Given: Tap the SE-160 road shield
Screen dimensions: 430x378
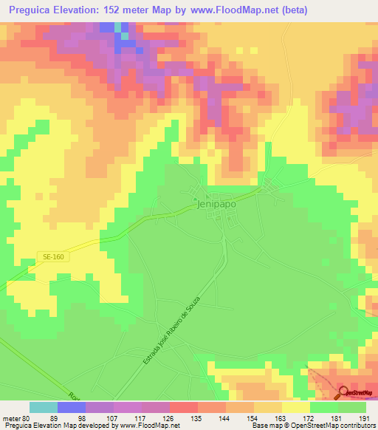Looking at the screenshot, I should (48, 256).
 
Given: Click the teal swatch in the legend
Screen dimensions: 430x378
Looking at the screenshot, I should (43, 407).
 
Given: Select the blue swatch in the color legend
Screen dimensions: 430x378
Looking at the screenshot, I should (71, 407).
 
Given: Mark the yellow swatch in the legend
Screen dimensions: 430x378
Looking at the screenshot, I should (295, 407).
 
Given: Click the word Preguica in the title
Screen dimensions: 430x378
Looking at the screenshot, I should (32, 10).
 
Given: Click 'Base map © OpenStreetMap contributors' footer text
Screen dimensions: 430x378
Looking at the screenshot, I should (312, 426).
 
